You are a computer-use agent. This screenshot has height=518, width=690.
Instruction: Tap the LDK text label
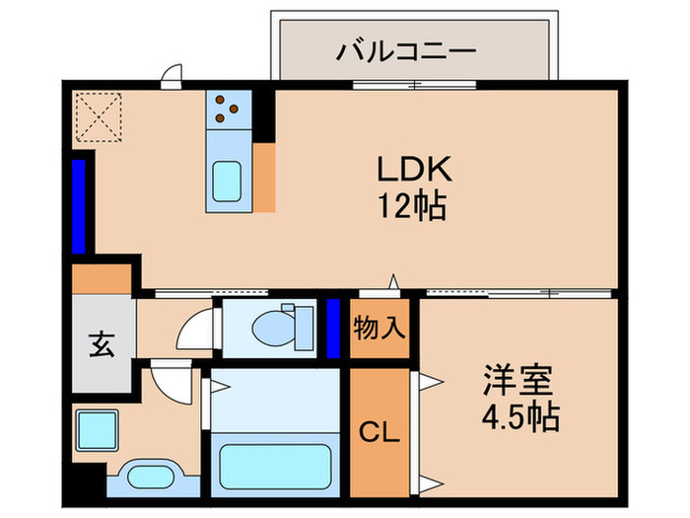pos(413,170)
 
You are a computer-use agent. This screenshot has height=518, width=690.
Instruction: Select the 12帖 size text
pos(413,206)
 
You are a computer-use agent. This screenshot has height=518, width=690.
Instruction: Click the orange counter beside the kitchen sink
pos(264,178)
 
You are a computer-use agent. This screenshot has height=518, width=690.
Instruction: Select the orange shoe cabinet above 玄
pos(103,279)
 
